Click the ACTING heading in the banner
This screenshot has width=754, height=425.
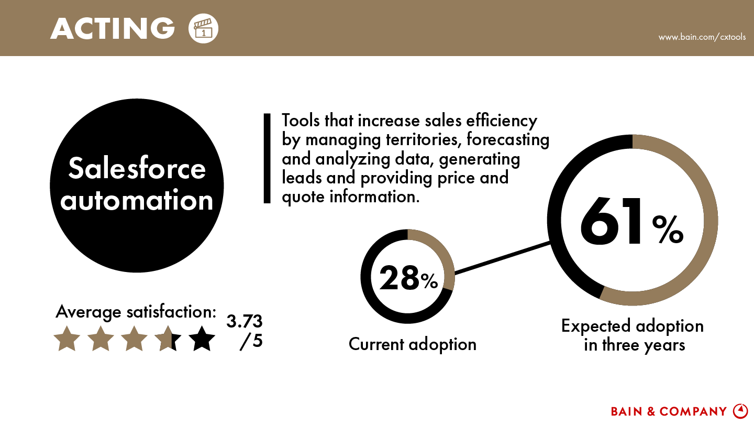[x=113, y=28]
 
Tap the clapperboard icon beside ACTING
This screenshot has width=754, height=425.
[x=203, y=28]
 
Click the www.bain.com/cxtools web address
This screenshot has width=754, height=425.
[x=702, y=37]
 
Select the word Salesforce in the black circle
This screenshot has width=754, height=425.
[x=137, y=168]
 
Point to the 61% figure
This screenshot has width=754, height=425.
[x=632, y=221]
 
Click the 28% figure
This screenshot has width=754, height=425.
[x=408, y=278]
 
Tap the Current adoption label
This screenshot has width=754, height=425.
[x=413, y=344]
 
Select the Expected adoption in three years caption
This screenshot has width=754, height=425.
[x=633, y=335]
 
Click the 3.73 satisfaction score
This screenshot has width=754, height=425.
[x=245, y=321]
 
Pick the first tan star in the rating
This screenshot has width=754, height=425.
[x=67, y=339]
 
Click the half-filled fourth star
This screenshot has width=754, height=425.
[x=168, y=339]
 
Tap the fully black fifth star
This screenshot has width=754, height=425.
[x=202, y=339]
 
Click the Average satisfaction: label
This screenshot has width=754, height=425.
[x=136, y=312]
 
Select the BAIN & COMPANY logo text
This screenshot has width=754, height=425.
[x=669, y=411]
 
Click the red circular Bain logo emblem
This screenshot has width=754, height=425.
[x=740, y=411]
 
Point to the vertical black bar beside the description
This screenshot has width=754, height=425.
[x=267, y=158]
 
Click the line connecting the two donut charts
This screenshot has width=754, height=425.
[x=503, y=258]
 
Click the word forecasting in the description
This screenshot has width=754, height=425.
[x=508, y=140]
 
